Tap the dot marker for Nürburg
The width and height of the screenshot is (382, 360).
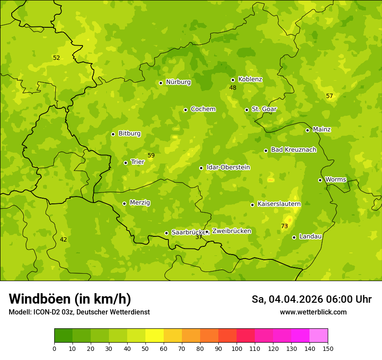pyautogui.click(x=161, y=83)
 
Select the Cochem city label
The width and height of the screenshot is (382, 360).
pyautogui.click(x=203, y=109)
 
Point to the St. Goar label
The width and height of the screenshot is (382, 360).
pyautogui.click(x=264, y=109)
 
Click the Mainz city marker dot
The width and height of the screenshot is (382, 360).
pyautogui.click(x=307, y=130)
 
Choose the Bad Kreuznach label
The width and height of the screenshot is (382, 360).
pyautogui.click(x=293, y=150)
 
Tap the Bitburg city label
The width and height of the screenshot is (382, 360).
pyautogui.click(x=129, y=134)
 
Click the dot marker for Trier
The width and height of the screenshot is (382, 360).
pyautogui.click(x=125, y=163)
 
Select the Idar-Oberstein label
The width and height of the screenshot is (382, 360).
pyautogui.click(x=228, y=167)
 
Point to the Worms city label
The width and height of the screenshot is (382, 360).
pyautogui.click(x=336, y=180)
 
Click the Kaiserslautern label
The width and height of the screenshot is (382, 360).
pyautogui.click(x=279, y=204)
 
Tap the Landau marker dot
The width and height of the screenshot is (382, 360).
pyautogui.click(x=294, y=237)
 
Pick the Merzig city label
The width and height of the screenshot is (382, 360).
pyautogui.click(x=140, y=203)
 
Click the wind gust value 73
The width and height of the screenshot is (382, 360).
pyautogui.click(x=284, y=226)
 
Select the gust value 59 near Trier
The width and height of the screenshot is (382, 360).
pyautogui.click(x=151, y=155)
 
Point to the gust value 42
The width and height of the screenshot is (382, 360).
pyautogui.click(x=63, y=240)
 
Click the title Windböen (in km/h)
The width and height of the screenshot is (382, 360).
pyautogui.click(x=70, y=299)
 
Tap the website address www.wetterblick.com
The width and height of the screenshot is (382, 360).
pyautogui.click(x=313, y=312)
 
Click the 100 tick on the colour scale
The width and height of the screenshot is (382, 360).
pyautogui.click(x=237, y=348)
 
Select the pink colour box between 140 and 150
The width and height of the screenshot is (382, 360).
pyautogui.click(x=319, y=336)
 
